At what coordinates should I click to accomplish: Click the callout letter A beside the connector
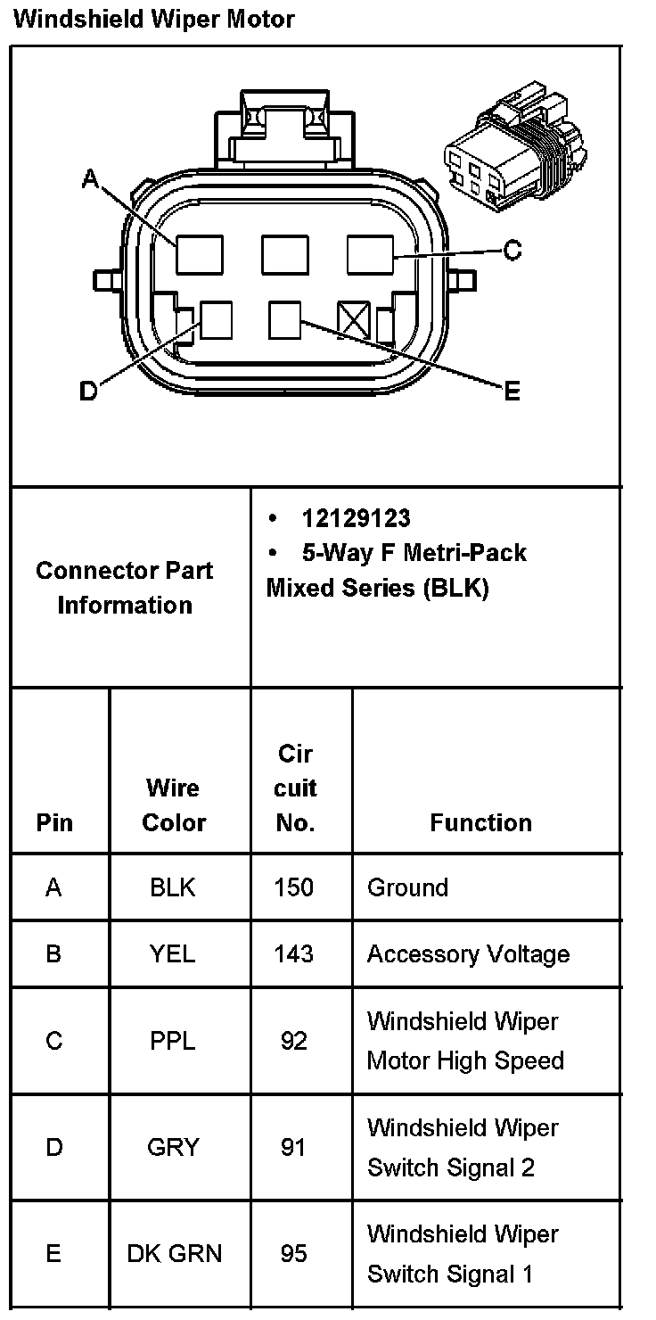(90, 179)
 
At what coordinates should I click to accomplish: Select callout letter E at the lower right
(512, 391)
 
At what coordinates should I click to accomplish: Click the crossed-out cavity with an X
(354, 318)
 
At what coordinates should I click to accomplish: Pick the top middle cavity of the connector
(285, 254)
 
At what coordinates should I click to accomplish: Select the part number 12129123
(357, 518)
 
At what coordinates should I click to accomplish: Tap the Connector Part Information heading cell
(125, 588)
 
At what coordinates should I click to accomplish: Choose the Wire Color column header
(174, 804)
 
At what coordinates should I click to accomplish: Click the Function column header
(480, 822)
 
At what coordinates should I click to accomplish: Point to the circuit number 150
(294, 887)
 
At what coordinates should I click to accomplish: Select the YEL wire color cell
(172, 953)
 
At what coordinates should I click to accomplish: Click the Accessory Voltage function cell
(468, 954)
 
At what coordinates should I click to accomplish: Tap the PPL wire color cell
(172, 1041)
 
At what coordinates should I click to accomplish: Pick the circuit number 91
(294, 1147)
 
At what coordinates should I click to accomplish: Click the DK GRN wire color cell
(174, 1254)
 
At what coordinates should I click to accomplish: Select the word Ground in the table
(407, 887)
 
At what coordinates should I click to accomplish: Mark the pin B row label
(53, 953)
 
